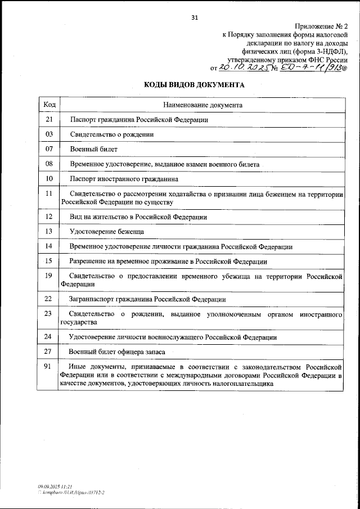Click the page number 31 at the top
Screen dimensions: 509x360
[x=195, y=17]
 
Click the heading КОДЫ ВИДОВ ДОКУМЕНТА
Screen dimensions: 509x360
[x=195, y=85]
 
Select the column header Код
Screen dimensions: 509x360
[x=49, y=105]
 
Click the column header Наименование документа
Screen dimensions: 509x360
[x=202, y=105]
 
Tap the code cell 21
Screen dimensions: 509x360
[x=49, y=120]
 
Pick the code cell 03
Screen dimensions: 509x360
[x=49, y=135]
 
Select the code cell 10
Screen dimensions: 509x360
[x=49, y=179]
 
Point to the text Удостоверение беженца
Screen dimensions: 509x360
[x=106, y=231]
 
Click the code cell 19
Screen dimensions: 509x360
[x=49, y=276]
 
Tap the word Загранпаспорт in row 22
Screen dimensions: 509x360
[x=91, y=299]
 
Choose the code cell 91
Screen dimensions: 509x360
[x=49, y=366]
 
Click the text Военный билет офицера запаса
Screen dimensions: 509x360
[x=116, y=352]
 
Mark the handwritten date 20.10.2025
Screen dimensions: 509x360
[x=243, y=68]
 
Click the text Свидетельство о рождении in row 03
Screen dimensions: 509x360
[x=111, y=135]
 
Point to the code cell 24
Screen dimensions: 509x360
[x=49, y=337]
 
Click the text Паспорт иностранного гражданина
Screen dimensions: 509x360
[x=124, y=179]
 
